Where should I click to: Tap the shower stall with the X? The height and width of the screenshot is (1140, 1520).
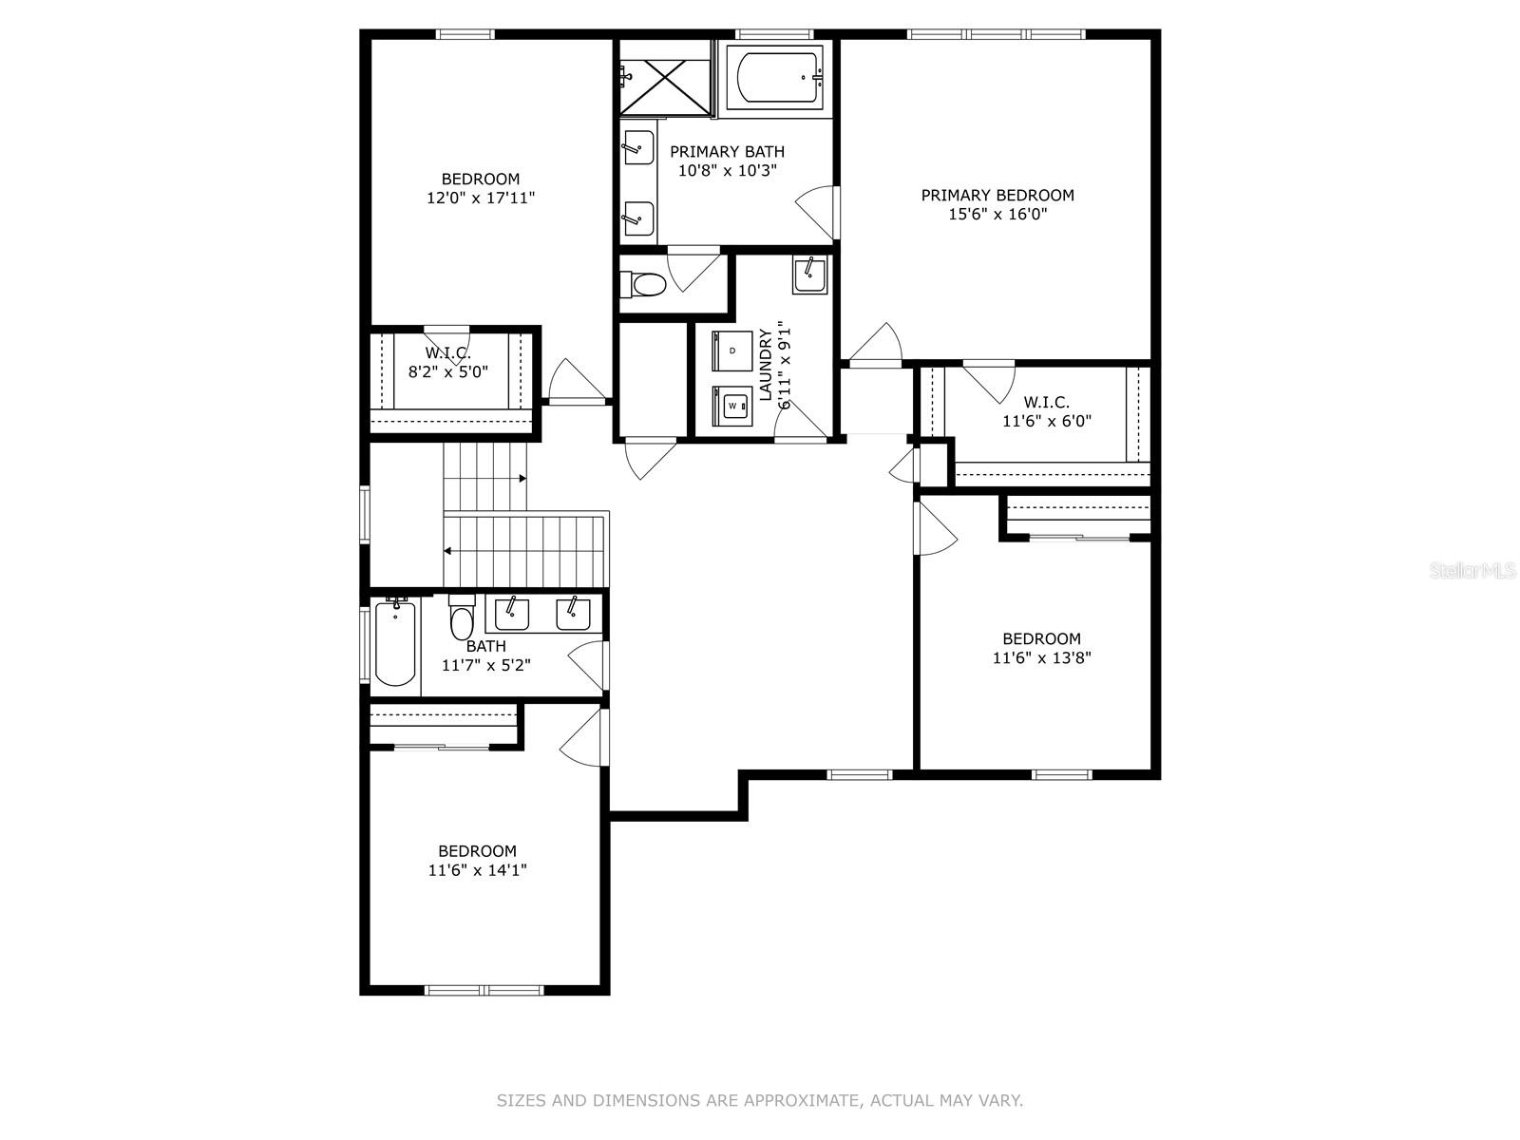tap(666, 78)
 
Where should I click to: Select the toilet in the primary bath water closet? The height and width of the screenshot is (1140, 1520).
tap(643, 283)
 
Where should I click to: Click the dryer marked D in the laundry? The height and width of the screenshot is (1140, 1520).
tap(731, 351)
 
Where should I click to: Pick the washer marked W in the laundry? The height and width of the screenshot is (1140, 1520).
tap(731, 406)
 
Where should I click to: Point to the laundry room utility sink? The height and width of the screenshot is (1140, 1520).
tap(809, 275)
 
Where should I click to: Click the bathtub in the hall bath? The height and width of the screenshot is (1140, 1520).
tap(394, 642)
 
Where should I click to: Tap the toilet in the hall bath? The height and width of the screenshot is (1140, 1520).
tap(461, 618)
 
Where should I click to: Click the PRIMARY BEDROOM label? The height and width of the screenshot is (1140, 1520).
tap(997, 195)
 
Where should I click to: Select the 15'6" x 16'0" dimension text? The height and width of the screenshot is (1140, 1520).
tap(997, 214)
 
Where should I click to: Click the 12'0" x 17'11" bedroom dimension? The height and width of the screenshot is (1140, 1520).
tap(481, 198)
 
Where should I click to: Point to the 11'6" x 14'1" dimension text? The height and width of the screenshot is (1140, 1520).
tap(477, 870)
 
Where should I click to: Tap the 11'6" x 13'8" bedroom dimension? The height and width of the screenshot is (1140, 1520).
tap(1041, 657)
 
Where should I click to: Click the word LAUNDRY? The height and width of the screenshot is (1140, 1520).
tap(765, 365)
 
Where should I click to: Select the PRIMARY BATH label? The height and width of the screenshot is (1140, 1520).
tap(727, 152)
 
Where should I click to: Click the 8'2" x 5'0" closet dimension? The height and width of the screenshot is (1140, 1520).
tap(448, 372)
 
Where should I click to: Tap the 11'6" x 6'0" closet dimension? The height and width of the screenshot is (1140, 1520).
tap(1047, 421)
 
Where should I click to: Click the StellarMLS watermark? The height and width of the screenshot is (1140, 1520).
tap(1472, 571)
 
